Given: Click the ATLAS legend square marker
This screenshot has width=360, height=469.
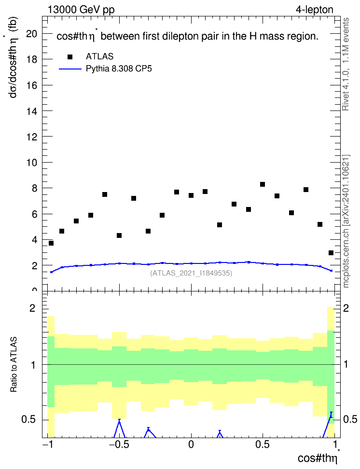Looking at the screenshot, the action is [x=69, y=57].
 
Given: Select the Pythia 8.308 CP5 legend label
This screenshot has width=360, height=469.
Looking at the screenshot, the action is [x=119, y=69].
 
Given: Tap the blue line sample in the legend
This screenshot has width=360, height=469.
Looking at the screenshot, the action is [x=70, y=69].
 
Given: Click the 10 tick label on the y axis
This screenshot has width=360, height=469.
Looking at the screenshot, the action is [x=31, y=163].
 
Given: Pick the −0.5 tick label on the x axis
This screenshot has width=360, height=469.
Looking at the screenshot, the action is [x=119, y=445].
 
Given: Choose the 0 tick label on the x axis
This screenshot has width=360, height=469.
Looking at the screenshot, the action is [x=191, y=445].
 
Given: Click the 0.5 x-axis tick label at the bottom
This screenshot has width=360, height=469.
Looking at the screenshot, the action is [x=263, y=445].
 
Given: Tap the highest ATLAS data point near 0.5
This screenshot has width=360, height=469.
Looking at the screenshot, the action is [x=263, y=184].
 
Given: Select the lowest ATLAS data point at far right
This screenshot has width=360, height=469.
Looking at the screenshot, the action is [x=331, y=253].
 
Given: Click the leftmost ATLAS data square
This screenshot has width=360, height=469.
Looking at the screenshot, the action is [x=51, y=243].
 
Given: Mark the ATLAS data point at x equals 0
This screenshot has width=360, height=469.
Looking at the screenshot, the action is [x=191, y=195].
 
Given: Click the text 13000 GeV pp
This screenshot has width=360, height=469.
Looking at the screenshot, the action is [x=81, y=10].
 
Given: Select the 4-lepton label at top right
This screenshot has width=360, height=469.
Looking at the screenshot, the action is [x=315, y=10].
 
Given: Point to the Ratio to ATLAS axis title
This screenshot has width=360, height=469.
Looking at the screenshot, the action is [x=14, y=365].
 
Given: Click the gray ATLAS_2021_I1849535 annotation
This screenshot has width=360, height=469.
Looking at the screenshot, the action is [x=191, y=273].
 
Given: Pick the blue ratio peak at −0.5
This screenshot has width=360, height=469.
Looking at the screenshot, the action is [x=119, y=420].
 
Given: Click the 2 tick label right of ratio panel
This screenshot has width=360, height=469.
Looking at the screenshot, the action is [x=346, y=308].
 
